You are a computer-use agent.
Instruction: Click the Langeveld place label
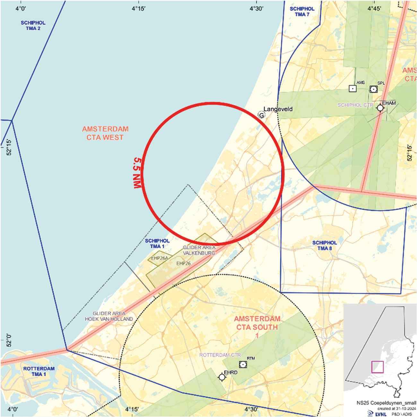point(278,109)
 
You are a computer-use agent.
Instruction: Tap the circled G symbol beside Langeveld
point(262,115)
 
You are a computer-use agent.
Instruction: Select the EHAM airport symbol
point(380,108)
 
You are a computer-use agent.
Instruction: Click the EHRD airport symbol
point(222,377)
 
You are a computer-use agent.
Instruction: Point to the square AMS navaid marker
point(352,89)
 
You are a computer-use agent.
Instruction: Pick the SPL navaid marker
point(373,89)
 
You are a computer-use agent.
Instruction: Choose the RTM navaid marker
point(243,364)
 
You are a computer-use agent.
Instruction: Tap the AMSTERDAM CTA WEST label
point(105,133)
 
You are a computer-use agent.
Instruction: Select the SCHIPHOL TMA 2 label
point(33,26)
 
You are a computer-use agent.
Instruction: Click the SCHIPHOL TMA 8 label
point(325,246)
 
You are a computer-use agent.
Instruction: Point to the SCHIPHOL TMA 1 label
point(157,244)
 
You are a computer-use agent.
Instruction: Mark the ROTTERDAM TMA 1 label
point(39,371)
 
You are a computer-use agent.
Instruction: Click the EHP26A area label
point(160,258)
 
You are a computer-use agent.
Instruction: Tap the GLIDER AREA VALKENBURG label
point(199,250)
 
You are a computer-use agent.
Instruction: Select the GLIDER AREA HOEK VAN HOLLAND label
point(109,316)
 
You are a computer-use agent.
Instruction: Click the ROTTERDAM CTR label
point(220,355)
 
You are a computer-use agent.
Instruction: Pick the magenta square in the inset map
point(378,367)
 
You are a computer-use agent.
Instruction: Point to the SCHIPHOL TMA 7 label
point(302,12)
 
